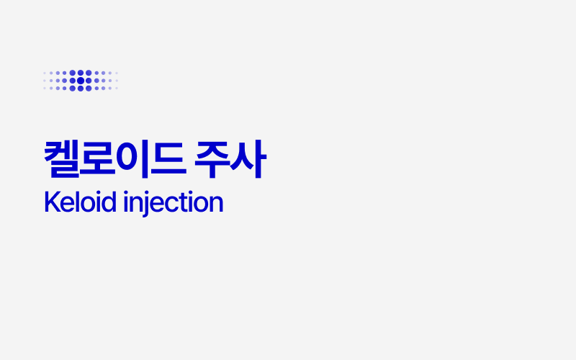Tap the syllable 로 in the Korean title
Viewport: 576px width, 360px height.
(x=98, y=161)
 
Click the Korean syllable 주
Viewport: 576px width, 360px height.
(x=213, y=161)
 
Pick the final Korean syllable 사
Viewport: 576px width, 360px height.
(x=248, y=161)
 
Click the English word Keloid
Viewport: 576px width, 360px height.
(x=80, y=202)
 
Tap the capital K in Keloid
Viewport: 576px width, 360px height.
(x=50, y=202)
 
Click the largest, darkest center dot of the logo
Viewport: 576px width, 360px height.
(x=81, y=80)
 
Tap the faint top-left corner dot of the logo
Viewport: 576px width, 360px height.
(x=45, y=73)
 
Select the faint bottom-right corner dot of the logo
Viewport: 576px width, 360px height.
(x=117, y=88)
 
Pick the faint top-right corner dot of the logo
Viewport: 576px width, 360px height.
(x=117, y=73)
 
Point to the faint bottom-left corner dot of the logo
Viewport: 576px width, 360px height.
(x=45, y=88)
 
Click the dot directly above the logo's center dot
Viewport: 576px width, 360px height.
(x=81, y=73)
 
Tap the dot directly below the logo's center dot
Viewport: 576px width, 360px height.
(x=81, y=88)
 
